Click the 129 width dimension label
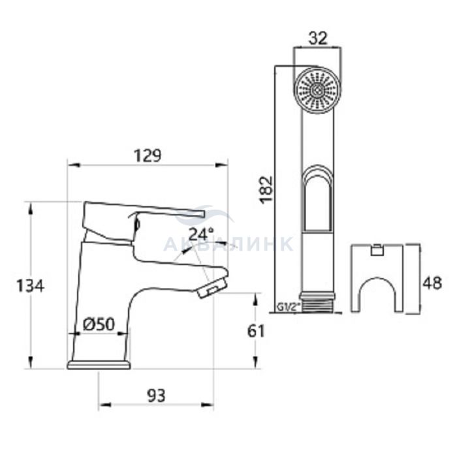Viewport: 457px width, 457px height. [x=148, y=155]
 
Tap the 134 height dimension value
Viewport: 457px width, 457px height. [x=30, y=286]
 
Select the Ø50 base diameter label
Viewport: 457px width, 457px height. [x=99, y=324]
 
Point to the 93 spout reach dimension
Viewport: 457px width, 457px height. [x=156, y=396]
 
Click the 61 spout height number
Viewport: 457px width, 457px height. [x=256, y=331]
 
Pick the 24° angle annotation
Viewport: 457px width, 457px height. [x=201, y=234]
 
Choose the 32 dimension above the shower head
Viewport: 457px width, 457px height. [x=318, y=39]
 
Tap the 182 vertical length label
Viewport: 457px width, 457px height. [x=266, y=190]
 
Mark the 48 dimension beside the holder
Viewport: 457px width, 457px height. [x=432, y=283]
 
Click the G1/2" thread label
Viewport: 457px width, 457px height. [x=287, y=307]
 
